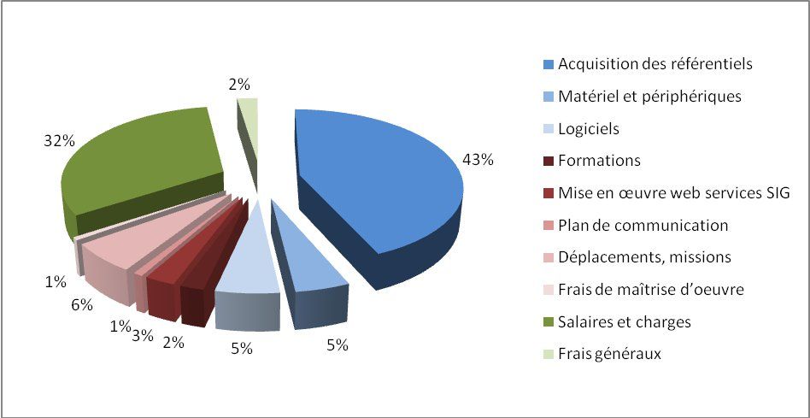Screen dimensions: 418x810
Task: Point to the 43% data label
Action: coord(478,159)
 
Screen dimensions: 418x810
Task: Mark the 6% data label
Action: coord(82,304)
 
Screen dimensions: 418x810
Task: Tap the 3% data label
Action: coord(142,335)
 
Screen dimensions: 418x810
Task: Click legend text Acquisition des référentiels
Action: coord(654,64)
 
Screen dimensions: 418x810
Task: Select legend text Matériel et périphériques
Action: coord(649,97)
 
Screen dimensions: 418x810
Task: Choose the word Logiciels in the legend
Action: coord(588,129)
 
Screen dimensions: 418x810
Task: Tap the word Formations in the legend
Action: coord(599,161)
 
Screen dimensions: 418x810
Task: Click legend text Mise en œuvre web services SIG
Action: coord(673,193)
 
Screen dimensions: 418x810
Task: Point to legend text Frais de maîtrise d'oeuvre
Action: coord(650,290)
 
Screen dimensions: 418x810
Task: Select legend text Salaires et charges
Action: coord(624,322)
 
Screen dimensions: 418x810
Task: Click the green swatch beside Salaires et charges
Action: coord(548,323)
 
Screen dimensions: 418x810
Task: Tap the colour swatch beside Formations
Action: coord(548,162)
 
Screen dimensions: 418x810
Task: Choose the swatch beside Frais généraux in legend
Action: coord(548,355)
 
